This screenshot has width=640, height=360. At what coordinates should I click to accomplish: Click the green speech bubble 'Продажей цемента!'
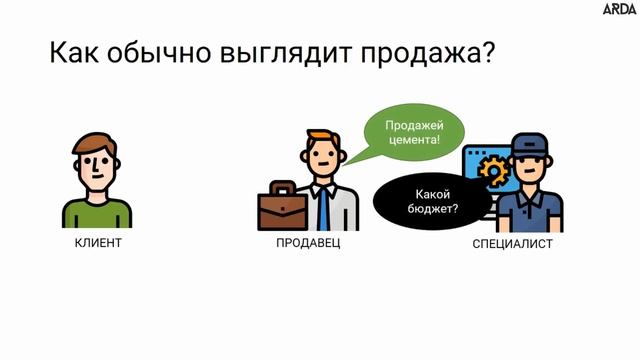click(402, 134)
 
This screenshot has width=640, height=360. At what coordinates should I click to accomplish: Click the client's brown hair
click(99, 141)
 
